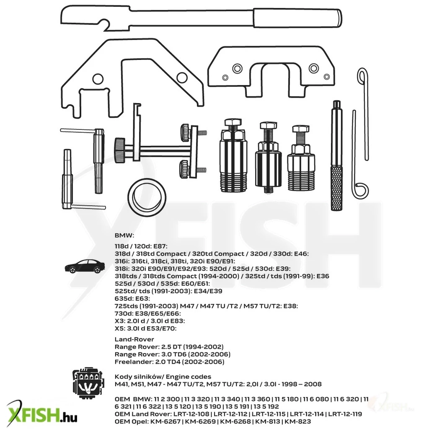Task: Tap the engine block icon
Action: [88, 382]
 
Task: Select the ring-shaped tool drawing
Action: [147, 198]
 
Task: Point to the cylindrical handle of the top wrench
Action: [297, 18]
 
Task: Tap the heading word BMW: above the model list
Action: [124, 235]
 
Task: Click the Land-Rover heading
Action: [134, 339]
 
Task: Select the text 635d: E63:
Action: [132, 298]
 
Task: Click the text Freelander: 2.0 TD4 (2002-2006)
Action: [169, 362]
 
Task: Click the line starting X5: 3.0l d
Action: [145, 328]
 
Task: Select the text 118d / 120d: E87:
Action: [141, 246]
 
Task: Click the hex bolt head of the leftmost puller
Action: [233, 121]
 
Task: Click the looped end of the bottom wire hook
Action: [360, 190]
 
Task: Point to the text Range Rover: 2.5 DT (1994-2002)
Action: [169, 347]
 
